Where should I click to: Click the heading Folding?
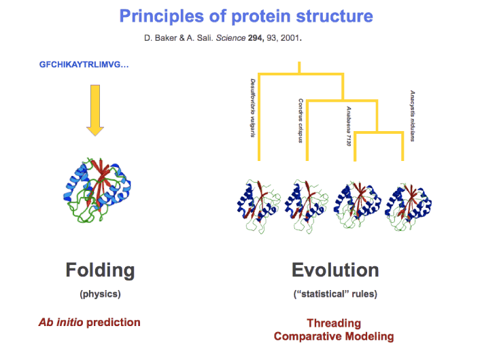coord(100,270)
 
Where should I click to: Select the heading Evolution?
coord(335,270)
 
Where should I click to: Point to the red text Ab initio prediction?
coord(89,322)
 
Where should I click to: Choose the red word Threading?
coord(334,323)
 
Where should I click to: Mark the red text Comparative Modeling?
coord(334,336)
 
